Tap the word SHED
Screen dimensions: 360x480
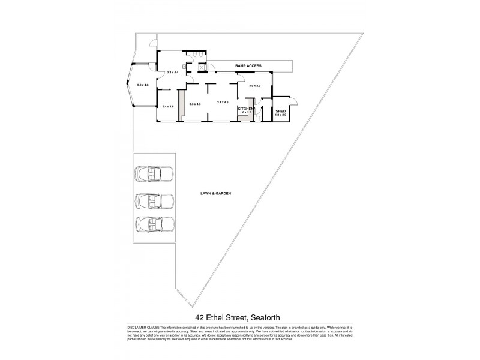pos(280,110)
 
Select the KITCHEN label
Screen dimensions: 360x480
pos(245,109)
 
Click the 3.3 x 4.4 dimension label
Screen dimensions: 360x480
pos(173,72)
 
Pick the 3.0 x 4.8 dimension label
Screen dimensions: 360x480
pos(142,85)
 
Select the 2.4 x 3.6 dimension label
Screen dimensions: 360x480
pos(167,106)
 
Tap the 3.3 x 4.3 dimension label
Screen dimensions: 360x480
pos(194,104)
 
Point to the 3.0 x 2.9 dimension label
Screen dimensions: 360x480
pos(255,86)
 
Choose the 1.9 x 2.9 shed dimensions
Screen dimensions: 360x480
pos(281,115)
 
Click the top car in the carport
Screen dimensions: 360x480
pos(154,174)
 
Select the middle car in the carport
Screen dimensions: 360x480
pos(154,200)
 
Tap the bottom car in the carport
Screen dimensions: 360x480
pos(154,224)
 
